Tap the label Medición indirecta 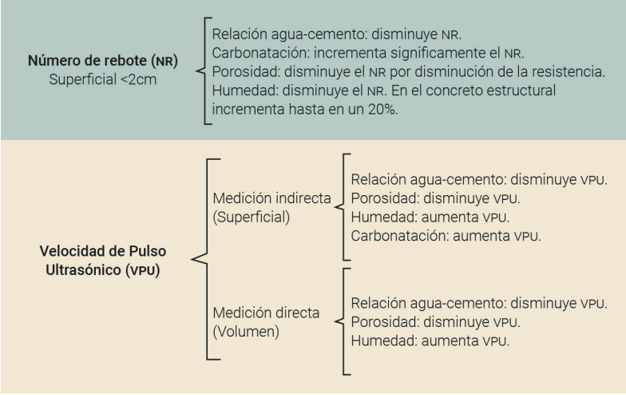coord(271,197)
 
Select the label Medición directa coord(266,313)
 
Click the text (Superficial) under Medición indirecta coord(251,216)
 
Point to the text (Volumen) coord(246,331)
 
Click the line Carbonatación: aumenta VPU coord(445,236)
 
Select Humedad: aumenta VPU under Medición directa coord(429,341)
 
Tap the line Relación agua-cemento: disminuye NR coord(337,35)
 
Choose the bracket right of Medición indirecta coord(342,207)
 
